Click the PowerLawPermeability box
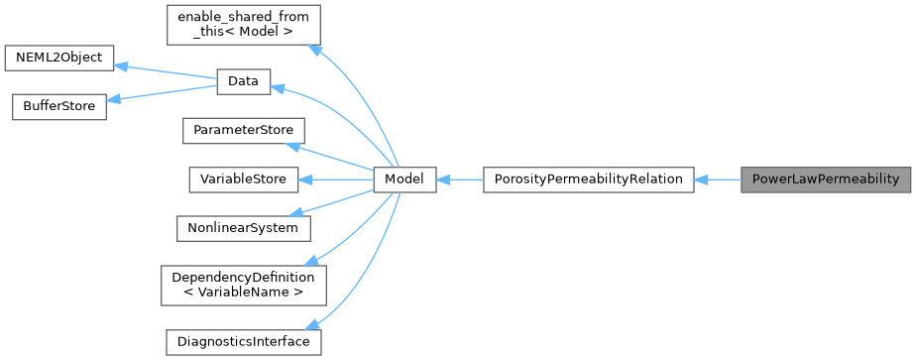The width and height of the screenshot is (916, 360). click(825, 180)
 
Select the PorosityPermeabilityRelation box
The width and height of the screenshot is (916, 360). click(588, 180)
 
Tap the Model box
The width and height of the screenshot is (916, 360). click(404, 180)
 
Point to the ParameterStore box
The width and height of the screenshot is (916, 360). click(243, 131)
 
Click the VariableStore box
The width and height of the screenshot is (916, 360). click(242, 180)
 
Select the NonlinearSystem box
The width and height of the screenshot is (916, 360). click(243, 227)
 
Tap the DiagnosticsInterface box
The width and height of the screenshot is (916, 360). click(243, 342)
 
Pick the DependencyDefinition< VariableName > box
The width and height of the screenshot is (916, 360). click(243, 285)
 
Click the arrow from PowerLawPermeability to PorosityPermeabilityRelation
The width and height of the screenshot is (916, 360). click(718, 180)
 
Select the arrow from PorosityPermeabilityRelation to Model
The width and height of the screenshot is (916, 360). click(459, 180)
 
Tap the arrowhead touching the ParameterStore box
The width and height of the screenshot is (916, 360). click(294, 146)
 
